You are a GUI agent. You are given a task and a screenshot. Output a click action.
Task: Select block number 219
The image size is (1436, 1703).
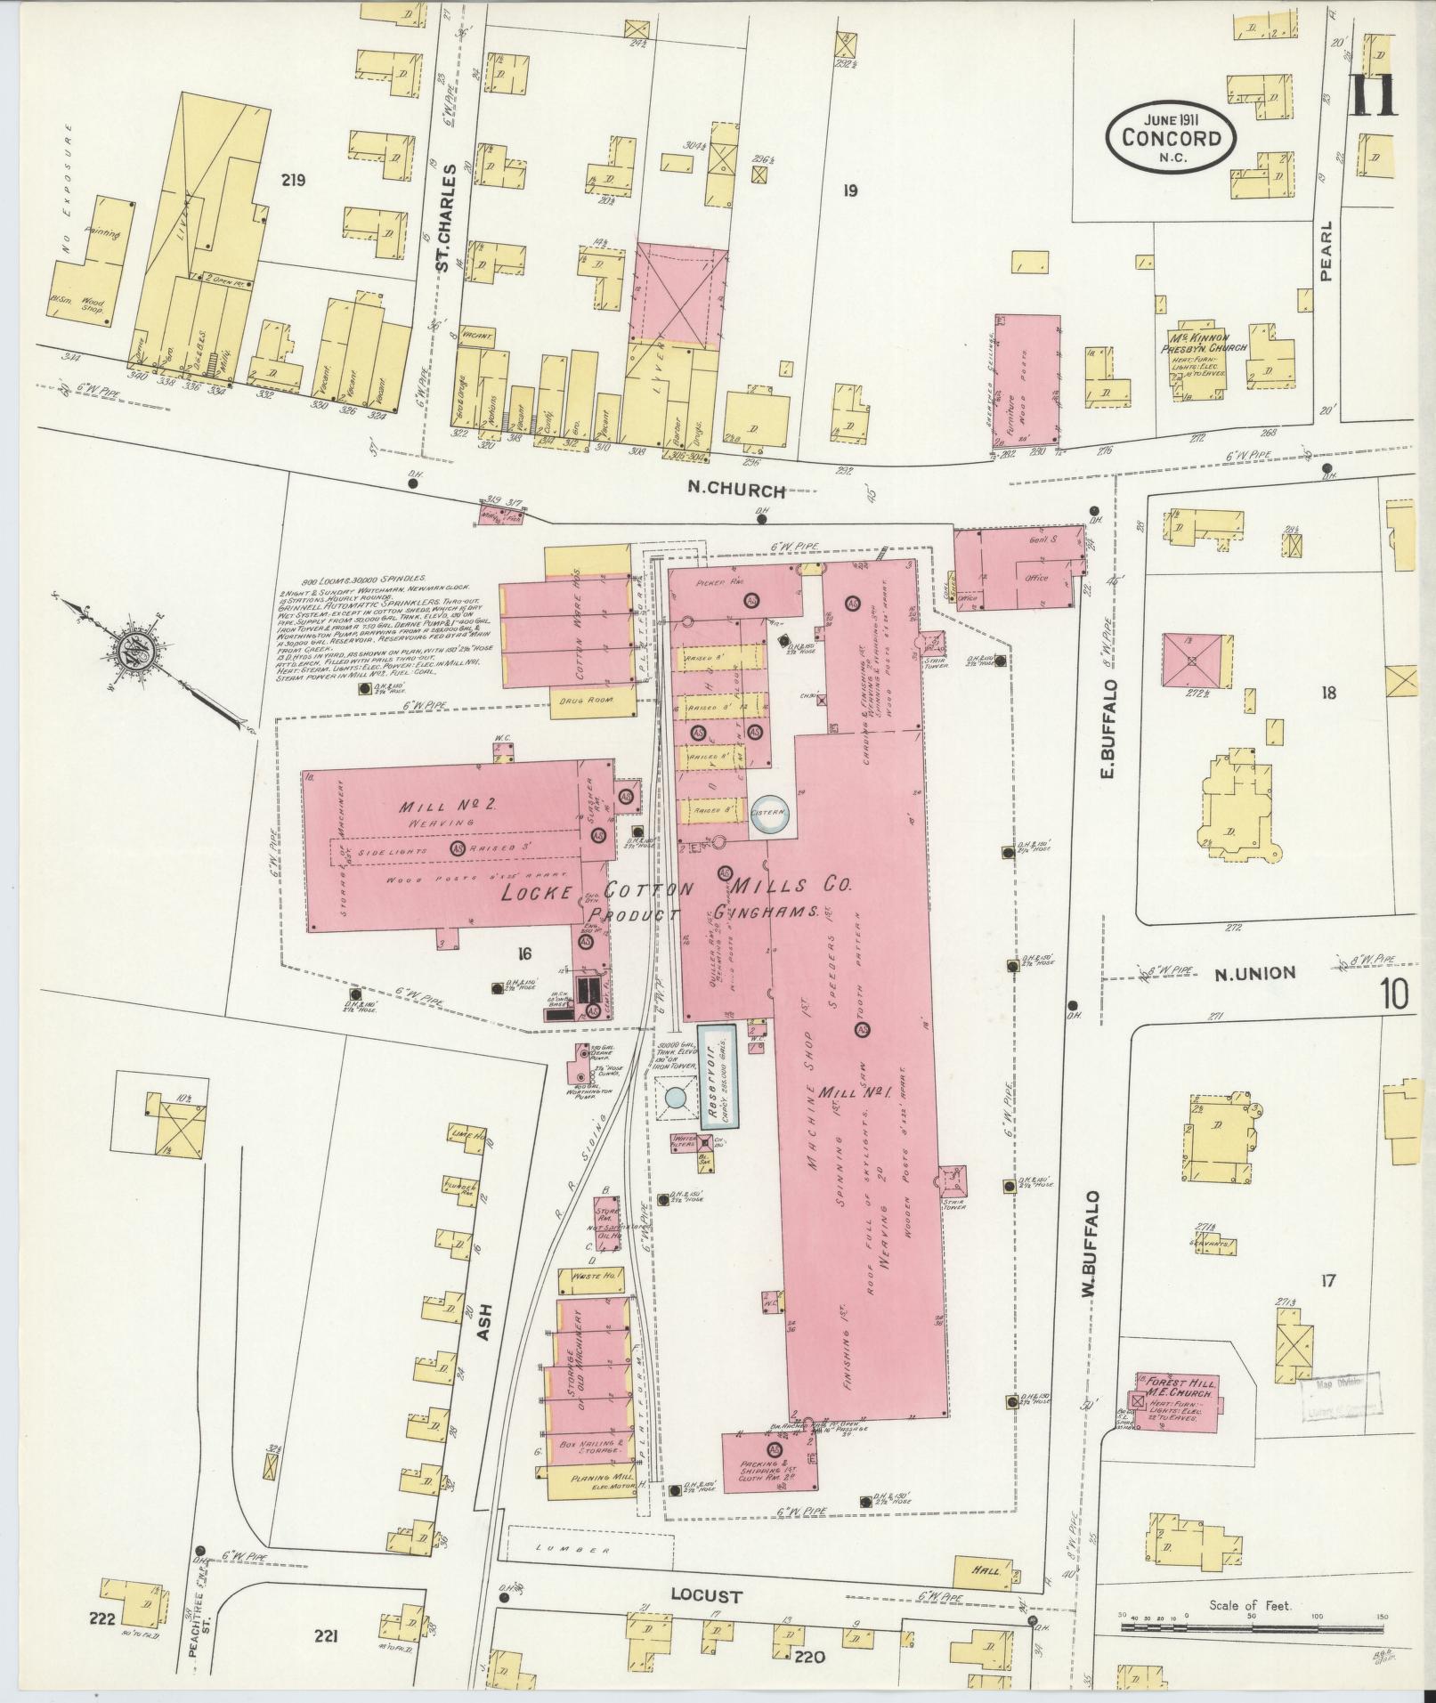(292, 181)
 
